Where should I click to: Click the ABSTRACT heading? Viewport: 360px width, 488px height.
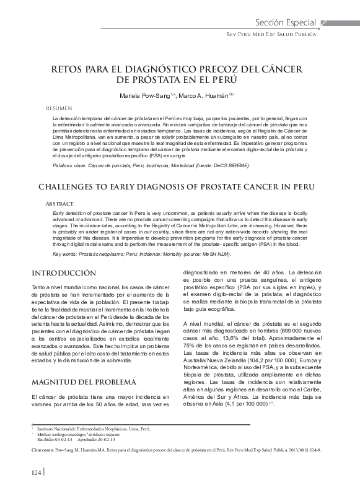coord(60,203)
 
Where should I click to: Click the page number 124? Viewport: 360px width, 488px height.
coord(37,473)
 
